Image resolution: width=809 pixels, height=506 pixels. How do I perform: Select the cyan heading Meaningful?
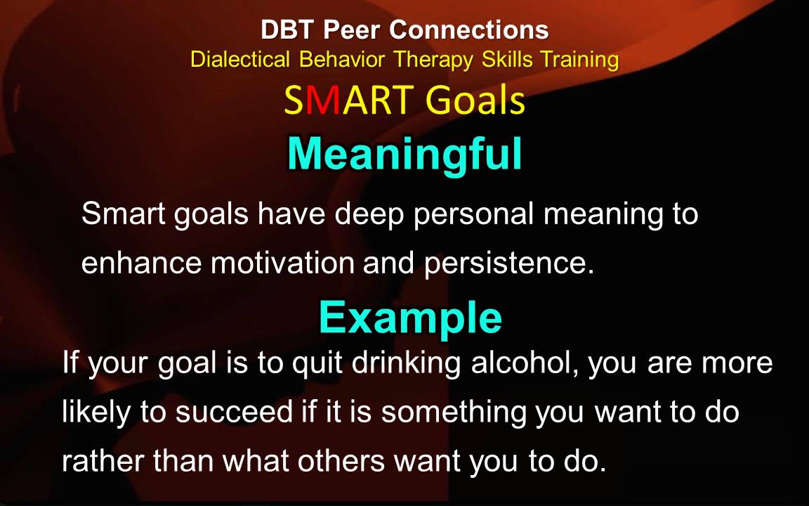[404, 153]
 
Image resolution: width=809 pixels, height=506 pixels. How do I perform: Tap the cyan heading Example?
[410, 318]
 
